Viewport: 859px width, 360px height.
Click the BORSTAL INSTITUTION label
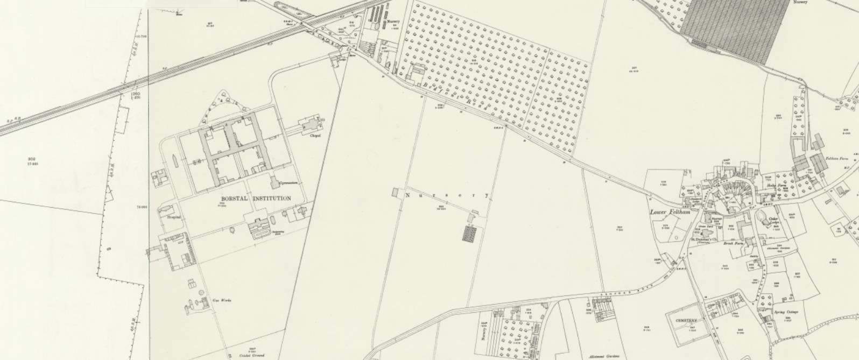tap(256, 199)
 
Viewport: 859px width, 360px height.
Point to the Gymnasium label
tap(288, 183)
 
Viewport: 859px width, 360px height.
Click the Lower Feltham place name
tap(670, 213)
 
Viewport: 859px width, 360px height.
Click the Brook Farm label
tap(733, 243)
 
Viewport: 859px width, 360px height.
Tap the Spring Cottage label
tap(786, 313)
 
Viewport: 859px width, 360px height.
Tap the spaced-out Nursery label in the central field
tap(447, 195)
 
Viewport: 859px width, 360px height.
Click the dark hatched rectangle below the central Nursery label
tap(470, 234)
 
